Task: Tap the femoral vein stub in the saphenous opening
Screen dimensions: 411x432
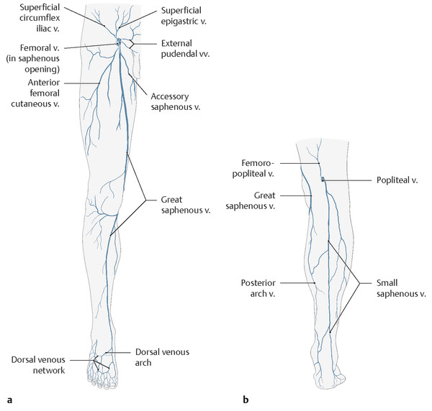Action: [x=120, y=42]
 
